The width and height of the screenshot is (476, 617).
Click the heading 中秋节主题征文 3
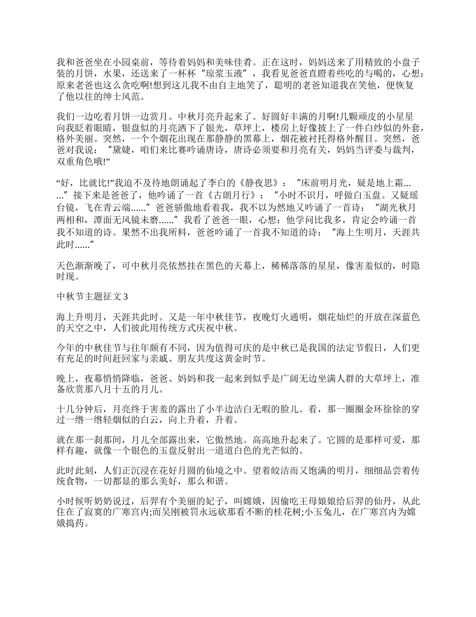(x=92, y=296)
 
